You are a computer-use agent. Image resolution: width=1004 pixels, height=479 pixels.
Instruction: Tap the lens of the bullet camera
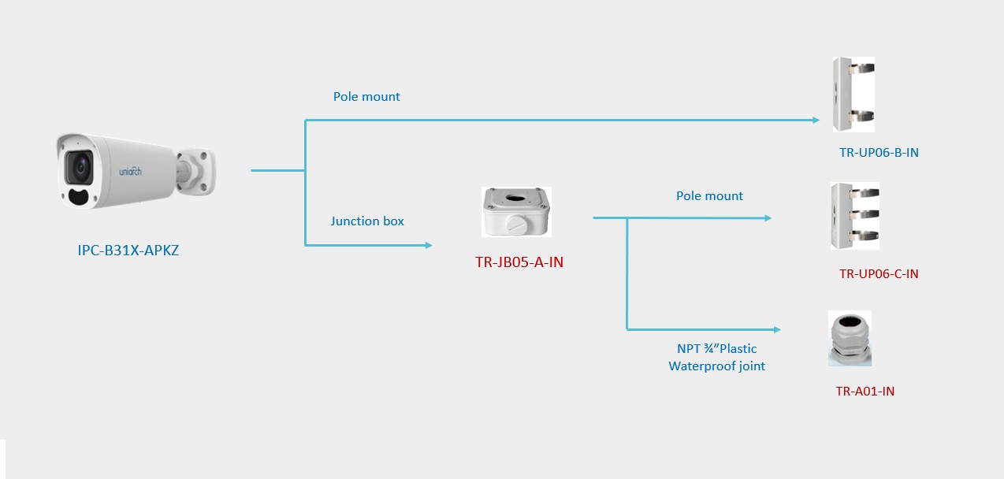point(80,165)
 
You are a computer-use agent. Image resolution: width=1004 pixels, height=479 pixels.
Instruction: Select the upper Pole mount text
point(366,97)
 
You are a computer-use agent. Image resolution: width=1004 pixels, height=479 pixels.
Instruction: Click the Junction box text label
point(367,221)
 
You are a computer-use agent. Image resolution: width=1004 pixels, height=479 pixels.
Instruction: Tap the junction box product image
point(516,211)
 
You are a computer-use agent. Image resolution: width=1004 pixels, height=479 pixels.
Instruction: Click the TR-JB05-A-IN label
point(519,262)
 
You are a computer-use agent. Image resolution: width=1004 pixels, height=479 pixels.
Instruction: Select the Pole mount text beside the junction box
point(709,196)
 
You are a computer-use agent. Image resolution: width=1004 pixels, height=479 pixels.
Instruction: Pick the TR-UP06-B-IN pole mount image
point(853,94)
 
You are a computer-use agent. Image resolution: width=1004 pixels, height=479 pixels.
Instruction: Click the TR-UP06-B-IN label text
point(879,153)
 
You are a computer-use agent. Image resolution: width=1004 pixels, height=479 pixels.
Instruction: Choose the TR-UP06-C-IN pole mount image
point(854,215)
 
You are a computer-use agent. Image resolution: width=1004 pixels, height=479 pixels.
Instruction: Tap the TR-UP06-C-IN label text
point(879,274)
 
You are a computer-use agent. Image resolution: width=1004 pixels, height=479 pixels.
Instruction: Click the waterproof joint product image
point(850,338)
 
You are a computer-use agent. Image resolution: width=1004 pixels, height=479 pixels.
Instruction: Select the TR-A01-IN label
point(865,391)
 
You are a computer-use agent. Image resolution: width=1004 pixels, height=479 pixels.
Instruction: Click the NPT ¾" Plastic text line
point(716,348)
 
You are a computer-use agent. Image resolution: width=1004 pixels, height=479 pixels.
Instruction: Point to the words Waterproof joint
point(716,366)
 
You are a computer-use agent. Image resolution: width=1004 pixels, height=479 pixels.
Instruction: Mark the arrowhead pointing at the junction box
point(429,245)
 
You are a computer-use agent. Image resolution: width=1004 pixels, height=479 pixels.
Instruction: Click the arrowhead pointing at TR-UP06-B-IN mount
point(816,121)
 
